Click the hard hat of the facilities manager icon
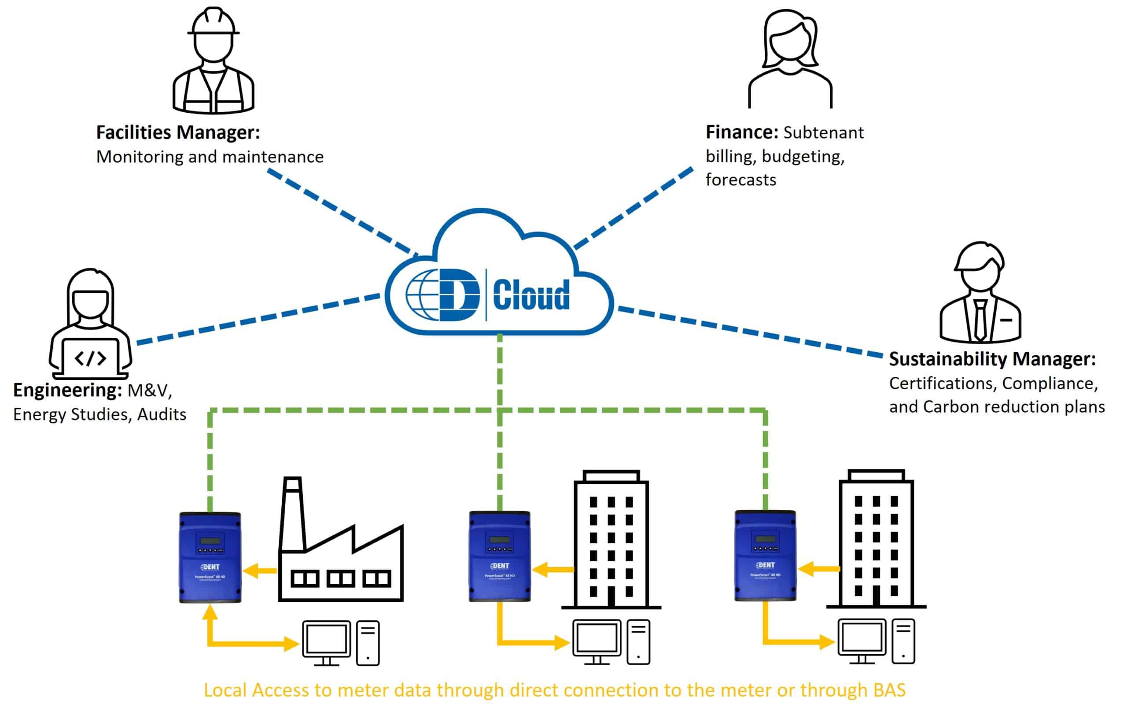coord(214,22)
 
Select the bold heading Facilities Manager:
coord(178,133)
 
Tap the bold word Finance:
coord(742,133)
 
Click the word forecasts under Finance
coord(740,180)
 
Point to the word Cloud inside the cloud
coord(531,295)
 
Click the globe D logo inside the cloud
coord(442,295)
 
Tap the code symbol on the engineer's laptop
coord(90,358)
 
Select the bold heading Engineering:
coord(68,390)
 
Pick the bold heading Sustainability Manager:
coord(992,359)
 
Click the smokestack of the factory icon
coord(292,515)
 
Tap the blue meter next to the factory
coord(210,557)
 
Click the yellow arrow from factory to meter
coord(260,571)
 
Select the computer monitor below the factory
coord(326,640)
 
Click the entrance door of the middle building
coord(611,596)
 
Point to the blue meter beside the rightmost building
coord(765,556)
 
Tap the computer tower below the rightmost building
coord(903,641)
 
